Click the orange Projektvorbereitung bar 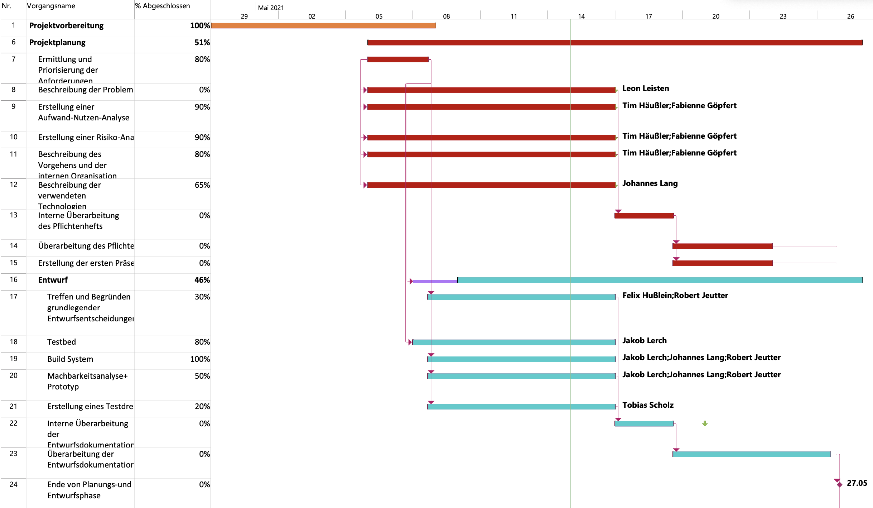(323, 25)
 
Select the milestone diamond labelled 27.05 (839, 484)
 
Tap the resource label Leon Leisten (645, 88)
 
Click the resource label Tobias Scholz (648, 405)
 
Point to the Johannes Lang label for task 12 (650, 183)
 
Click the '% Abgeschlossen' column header (163, 6)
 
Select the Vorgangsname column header (51, 6)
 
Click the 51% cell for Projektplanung (202, 43)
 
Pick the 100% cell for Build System (200, 359)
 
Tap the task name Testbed (62, 342)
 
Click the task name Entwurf (53, 280)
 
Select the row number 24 (14, 484)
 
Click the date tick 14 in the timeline (581, 16)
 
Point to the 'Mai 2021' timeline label (271, 8)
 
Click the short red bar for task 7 (398, 59)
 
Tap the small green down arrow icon (705, 423)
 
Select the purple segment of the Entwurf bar (435, 281)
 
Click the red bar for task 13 (644, 216)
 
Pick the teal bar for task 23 (751, 454)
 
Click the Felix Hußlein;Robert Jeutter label (675, 296)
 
